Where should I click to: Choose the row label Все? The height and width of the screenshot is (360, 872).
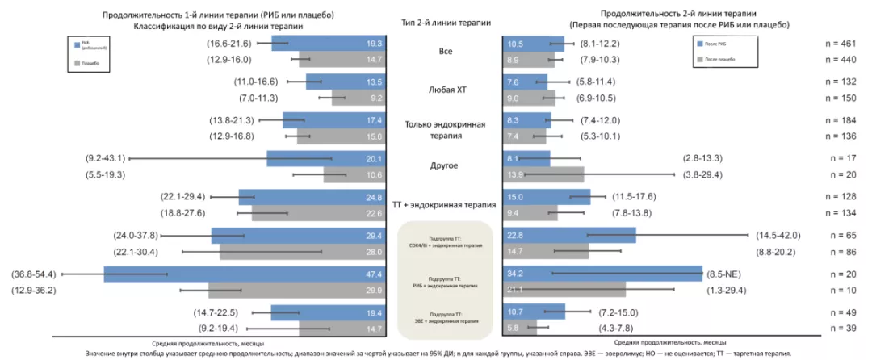point(445,51)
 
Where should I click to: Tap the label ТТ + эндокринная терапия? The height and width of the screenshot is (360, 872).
point(445,205)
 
